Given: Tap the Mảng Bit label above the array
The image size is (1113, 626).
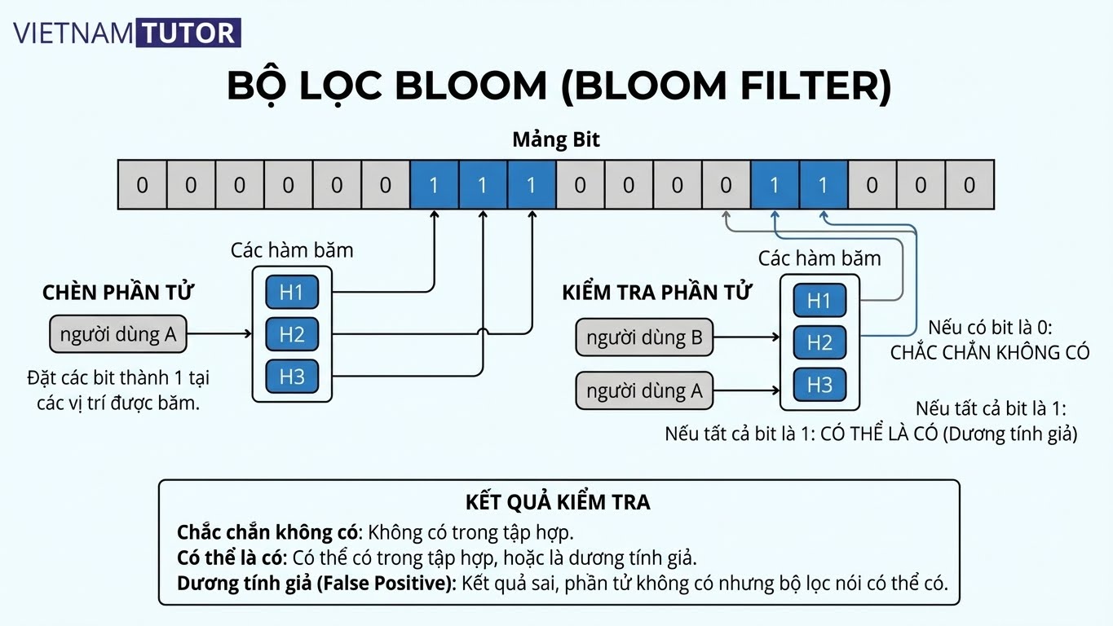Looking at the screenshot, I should click(x=555, y=139).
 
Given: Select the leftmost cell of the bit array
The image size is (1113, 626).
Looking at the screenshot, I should click(x=142, y=185).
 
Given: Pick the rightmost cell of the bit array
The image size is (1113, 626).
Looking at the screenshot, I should click(x=969, y=185).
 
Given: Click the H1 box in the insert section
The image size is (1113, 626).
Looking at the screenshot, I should click(x=291, y=292).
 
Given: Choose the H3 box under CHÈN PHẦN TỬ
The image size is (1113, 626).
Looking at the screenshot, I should click(x=291, y=377).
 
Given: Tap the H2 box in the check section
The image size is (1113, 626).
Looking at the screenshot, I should click(x=819, y=343).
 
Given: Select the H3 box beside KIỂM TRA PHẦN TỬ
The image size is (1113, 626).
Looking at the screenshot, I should click(x=819, y=385).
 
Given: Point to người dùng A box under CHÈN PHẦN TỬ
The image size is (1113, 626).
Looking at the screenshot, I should click(x=118, y=334).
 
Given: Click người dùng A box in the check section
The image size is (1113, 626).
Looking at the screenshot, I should click(x=644, y=390).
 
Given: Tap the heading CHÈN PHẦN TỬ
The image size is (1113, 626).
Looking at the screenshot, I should click(x=118, y=293).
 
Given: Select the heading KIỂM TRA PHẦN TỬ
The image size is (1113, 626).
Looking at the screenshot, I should click(x=656, y=293).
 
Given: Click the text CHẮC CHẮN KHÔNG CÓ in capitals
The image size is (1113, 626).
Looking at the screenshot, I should click(x=990, y=353).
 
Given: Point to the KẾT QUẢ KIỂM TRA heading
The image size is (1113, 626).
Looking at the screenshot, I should click(x=558, y=502).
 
